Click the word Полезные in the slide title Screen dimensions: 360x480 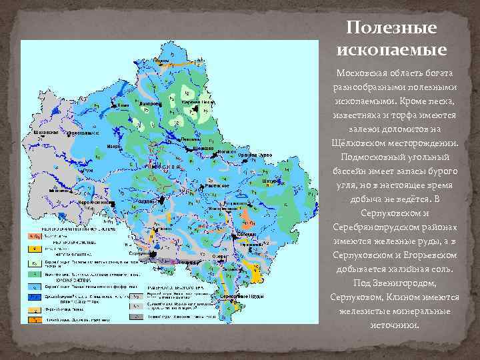391,28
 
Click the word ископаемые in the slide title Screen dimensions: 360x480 391,49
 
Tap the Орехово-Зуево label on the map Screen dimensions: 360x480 256,155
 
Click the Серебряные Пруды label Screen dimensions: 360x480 237,295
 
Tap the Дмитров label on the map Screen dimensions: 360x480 151,105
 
